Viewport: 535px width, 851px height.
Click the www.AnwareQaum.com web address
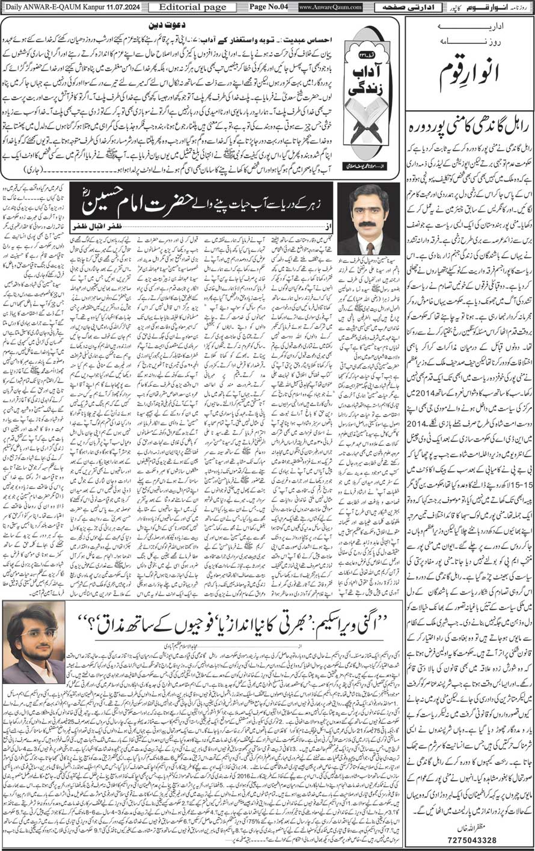coord(330,7)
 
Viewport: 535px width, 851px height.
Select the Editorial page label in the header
coord(185,7)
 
